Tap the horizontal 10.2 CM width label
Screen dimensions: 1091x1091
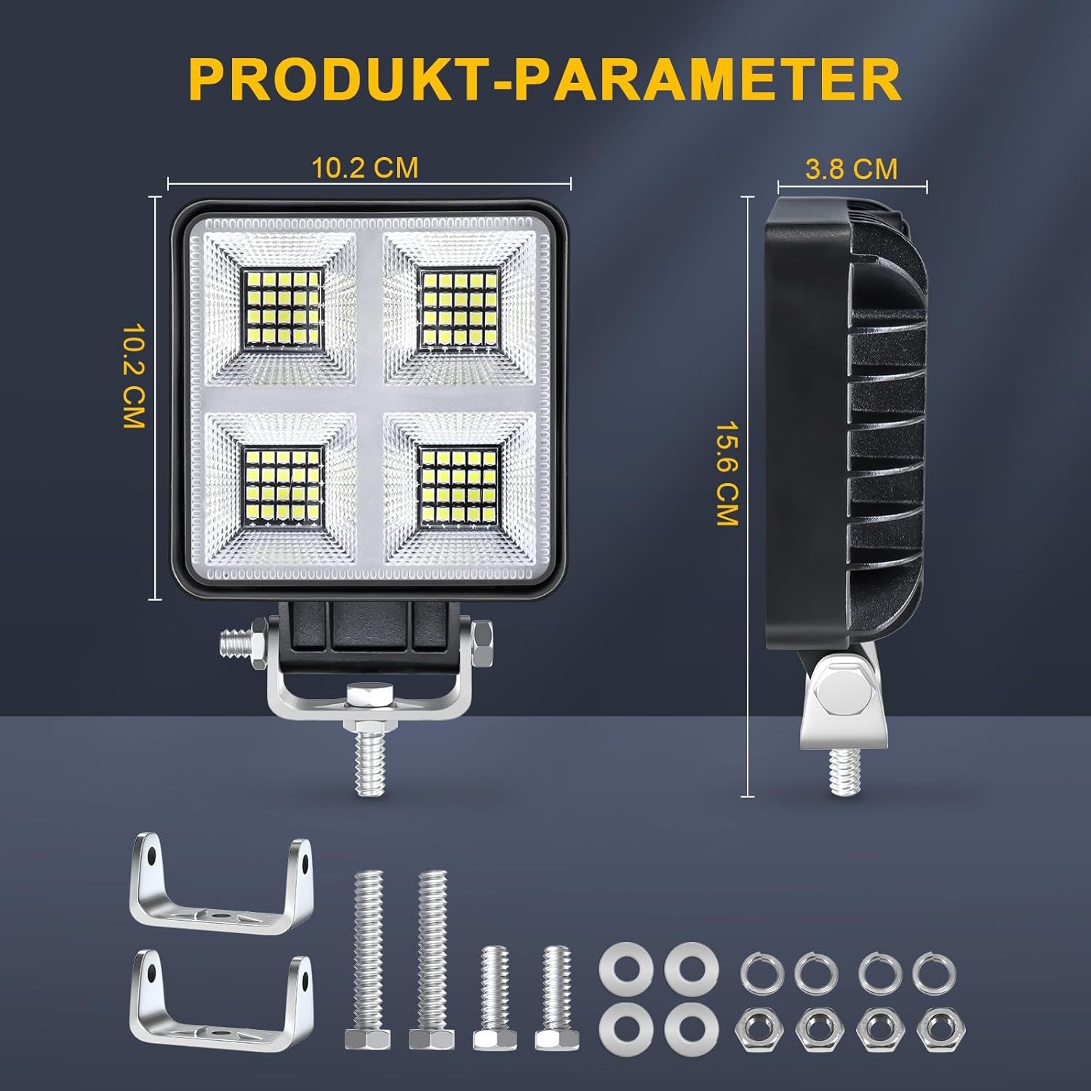365,168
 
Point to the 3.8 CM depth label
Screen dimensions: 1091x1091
851,169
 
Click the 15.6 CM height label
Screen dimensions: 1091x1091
727,474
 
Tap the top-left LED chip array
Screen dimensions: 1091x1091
283,309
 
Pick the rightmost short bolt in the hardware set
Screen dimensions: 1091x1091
556,996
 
